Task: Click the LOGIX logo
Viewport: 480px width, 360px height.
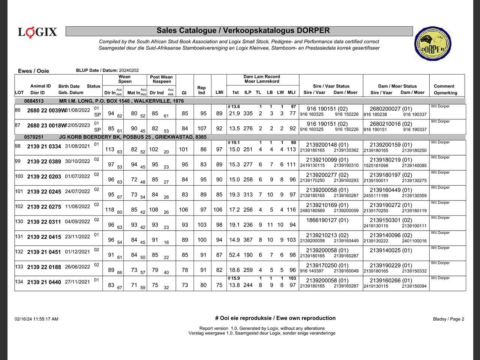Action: (x=37, y=32)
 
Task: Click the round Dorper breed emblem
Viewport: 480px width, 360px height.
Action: (x=432, y=43)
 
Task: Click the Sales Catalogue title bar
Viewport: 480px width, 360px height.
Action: (x=239, y=31)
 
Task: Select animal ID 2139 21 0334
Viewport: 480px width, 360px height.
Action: (x=44, y=147)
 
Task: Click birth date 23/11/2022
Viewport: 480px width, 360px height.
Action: (x=77, y=237)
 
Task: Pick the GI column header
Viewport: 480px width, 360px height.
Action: (x=184, y=93)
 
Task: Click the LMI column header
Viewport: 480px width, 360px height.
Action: (x=219, y=93)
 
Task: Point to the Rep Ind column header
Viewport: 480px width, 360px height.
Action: (x=202, y=90)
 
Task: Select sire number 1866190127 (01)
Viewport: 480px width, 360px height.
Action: (x=327, y=220)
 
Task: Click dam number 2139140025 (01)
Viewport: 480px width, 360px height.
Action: (x=391, y=250)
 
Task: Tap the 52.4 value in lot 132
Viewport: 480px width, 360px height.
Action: (x=234, y=255)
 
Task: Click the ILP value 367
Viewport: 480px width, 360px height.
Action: (x=248, y=240)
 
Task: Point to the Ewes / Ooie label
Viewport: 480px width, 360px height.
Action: (x=33, y=71)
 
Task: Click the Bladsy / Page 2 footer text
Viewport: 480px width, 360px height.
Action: (x=448, y=319)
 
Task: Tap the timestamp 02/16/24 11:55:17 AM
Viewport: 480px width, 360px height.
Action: (x=36, y=319)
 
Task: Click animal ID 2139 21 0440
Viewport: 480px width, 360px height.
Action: (x=44, y=282)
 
